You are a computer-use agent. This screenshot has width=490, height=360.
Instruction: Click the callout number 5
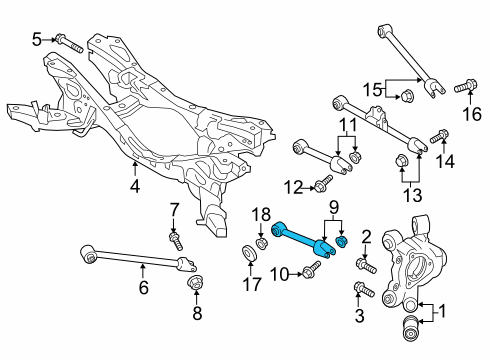point(37,40)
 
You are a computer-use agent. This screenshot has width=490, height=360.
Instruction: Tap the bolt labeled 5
point(69,43)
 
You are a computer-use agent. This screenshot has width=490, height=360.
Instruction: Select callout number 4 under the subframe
point(135,187)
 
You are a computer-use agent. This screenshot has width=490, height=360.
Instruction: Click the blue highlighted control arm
point(303,241)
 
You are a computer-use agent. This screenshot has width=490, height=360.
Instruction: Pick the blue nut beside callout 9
point(342,241)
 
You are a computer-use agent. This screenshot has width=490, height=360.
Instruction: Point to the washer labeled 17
point(249,252)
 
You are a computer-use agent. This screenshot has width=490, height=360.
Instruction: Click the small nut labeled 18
point(261,243)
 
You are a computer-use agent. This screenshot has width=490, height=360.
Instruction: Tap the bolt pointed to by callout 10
point(311,269)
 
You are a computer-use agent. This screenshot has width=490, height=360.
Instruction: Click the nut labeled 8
point(196,283)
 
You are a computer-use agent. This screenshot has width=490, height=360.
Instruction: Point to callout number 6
point(143,288)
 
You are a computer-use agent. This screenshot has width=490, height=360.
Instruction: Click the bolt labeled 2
point(366,264)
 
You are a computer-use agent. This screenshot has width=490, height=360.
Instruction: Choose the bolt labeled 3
point(364,289)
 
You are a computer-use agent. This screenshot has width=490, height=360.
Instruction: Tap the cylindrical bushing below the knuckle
point(411,329)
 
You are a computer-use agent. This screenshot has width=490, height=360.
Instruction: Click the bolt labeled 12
point(323,183)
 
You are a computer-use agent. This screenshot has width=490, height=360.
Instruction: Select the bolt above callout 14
point(439,136)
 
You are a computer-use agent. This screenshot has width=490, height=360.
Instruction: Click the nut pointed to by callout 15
point(406,95)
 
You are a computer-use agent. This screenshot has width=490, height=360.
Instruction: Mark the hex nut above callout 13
point(400,161)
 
